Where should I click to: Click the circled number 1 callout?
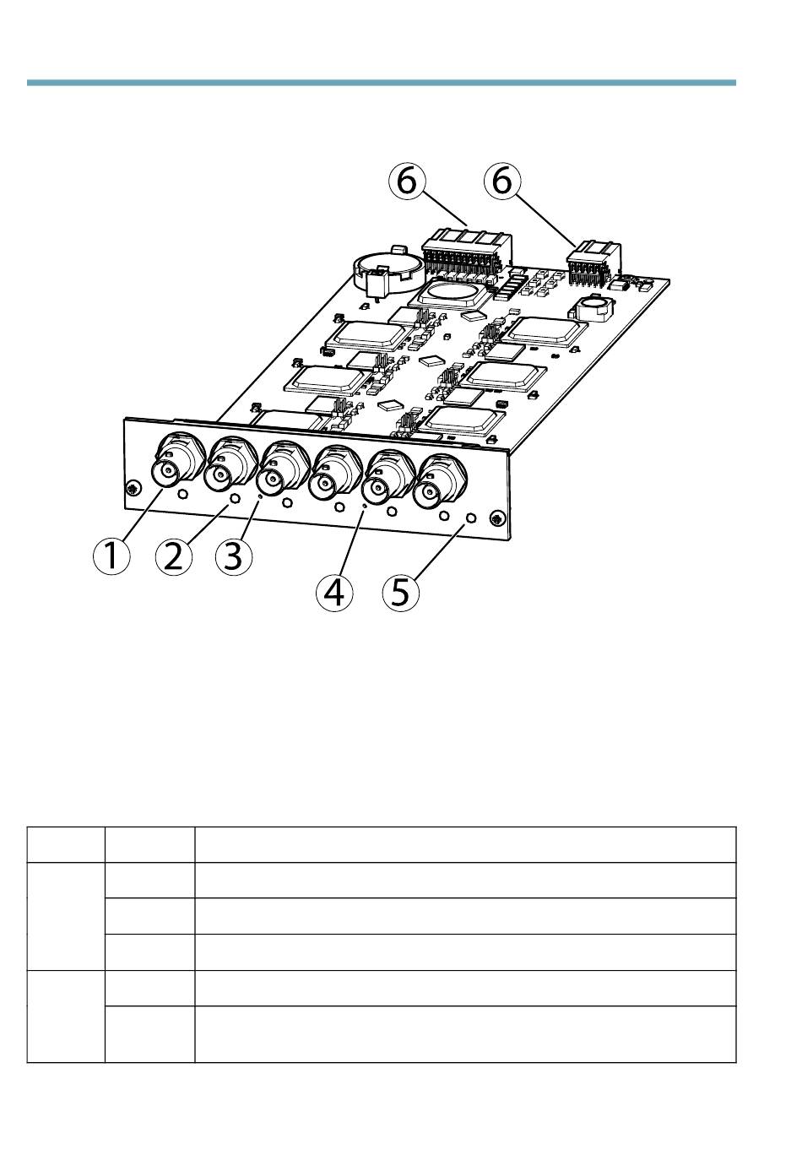click(111, 556)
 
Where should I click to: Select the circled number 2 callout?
click(174, 556)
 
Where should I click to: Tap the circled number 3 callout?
click(234, 556)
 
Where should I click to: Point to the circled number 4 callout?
click(334, 592)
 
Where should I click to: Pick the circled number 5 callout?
click(401, 592)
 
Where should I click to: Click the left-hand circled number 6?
click(407, 181)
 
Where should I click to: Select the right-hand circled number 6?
click(501, 181)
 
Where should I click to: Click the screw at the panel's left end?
click(133, 487)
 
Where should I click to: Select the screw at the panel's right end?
click(497, 519)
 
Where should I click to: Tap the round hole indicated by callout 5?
click(470, 518)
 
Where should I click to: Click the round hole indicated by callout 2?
click(235, 499)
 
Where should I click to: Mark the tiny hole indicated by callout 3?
click(260, 496)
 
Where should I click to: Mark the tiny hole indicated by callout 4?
click(365, 504)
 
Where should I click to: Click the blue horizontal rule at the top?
click(382, 83)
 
